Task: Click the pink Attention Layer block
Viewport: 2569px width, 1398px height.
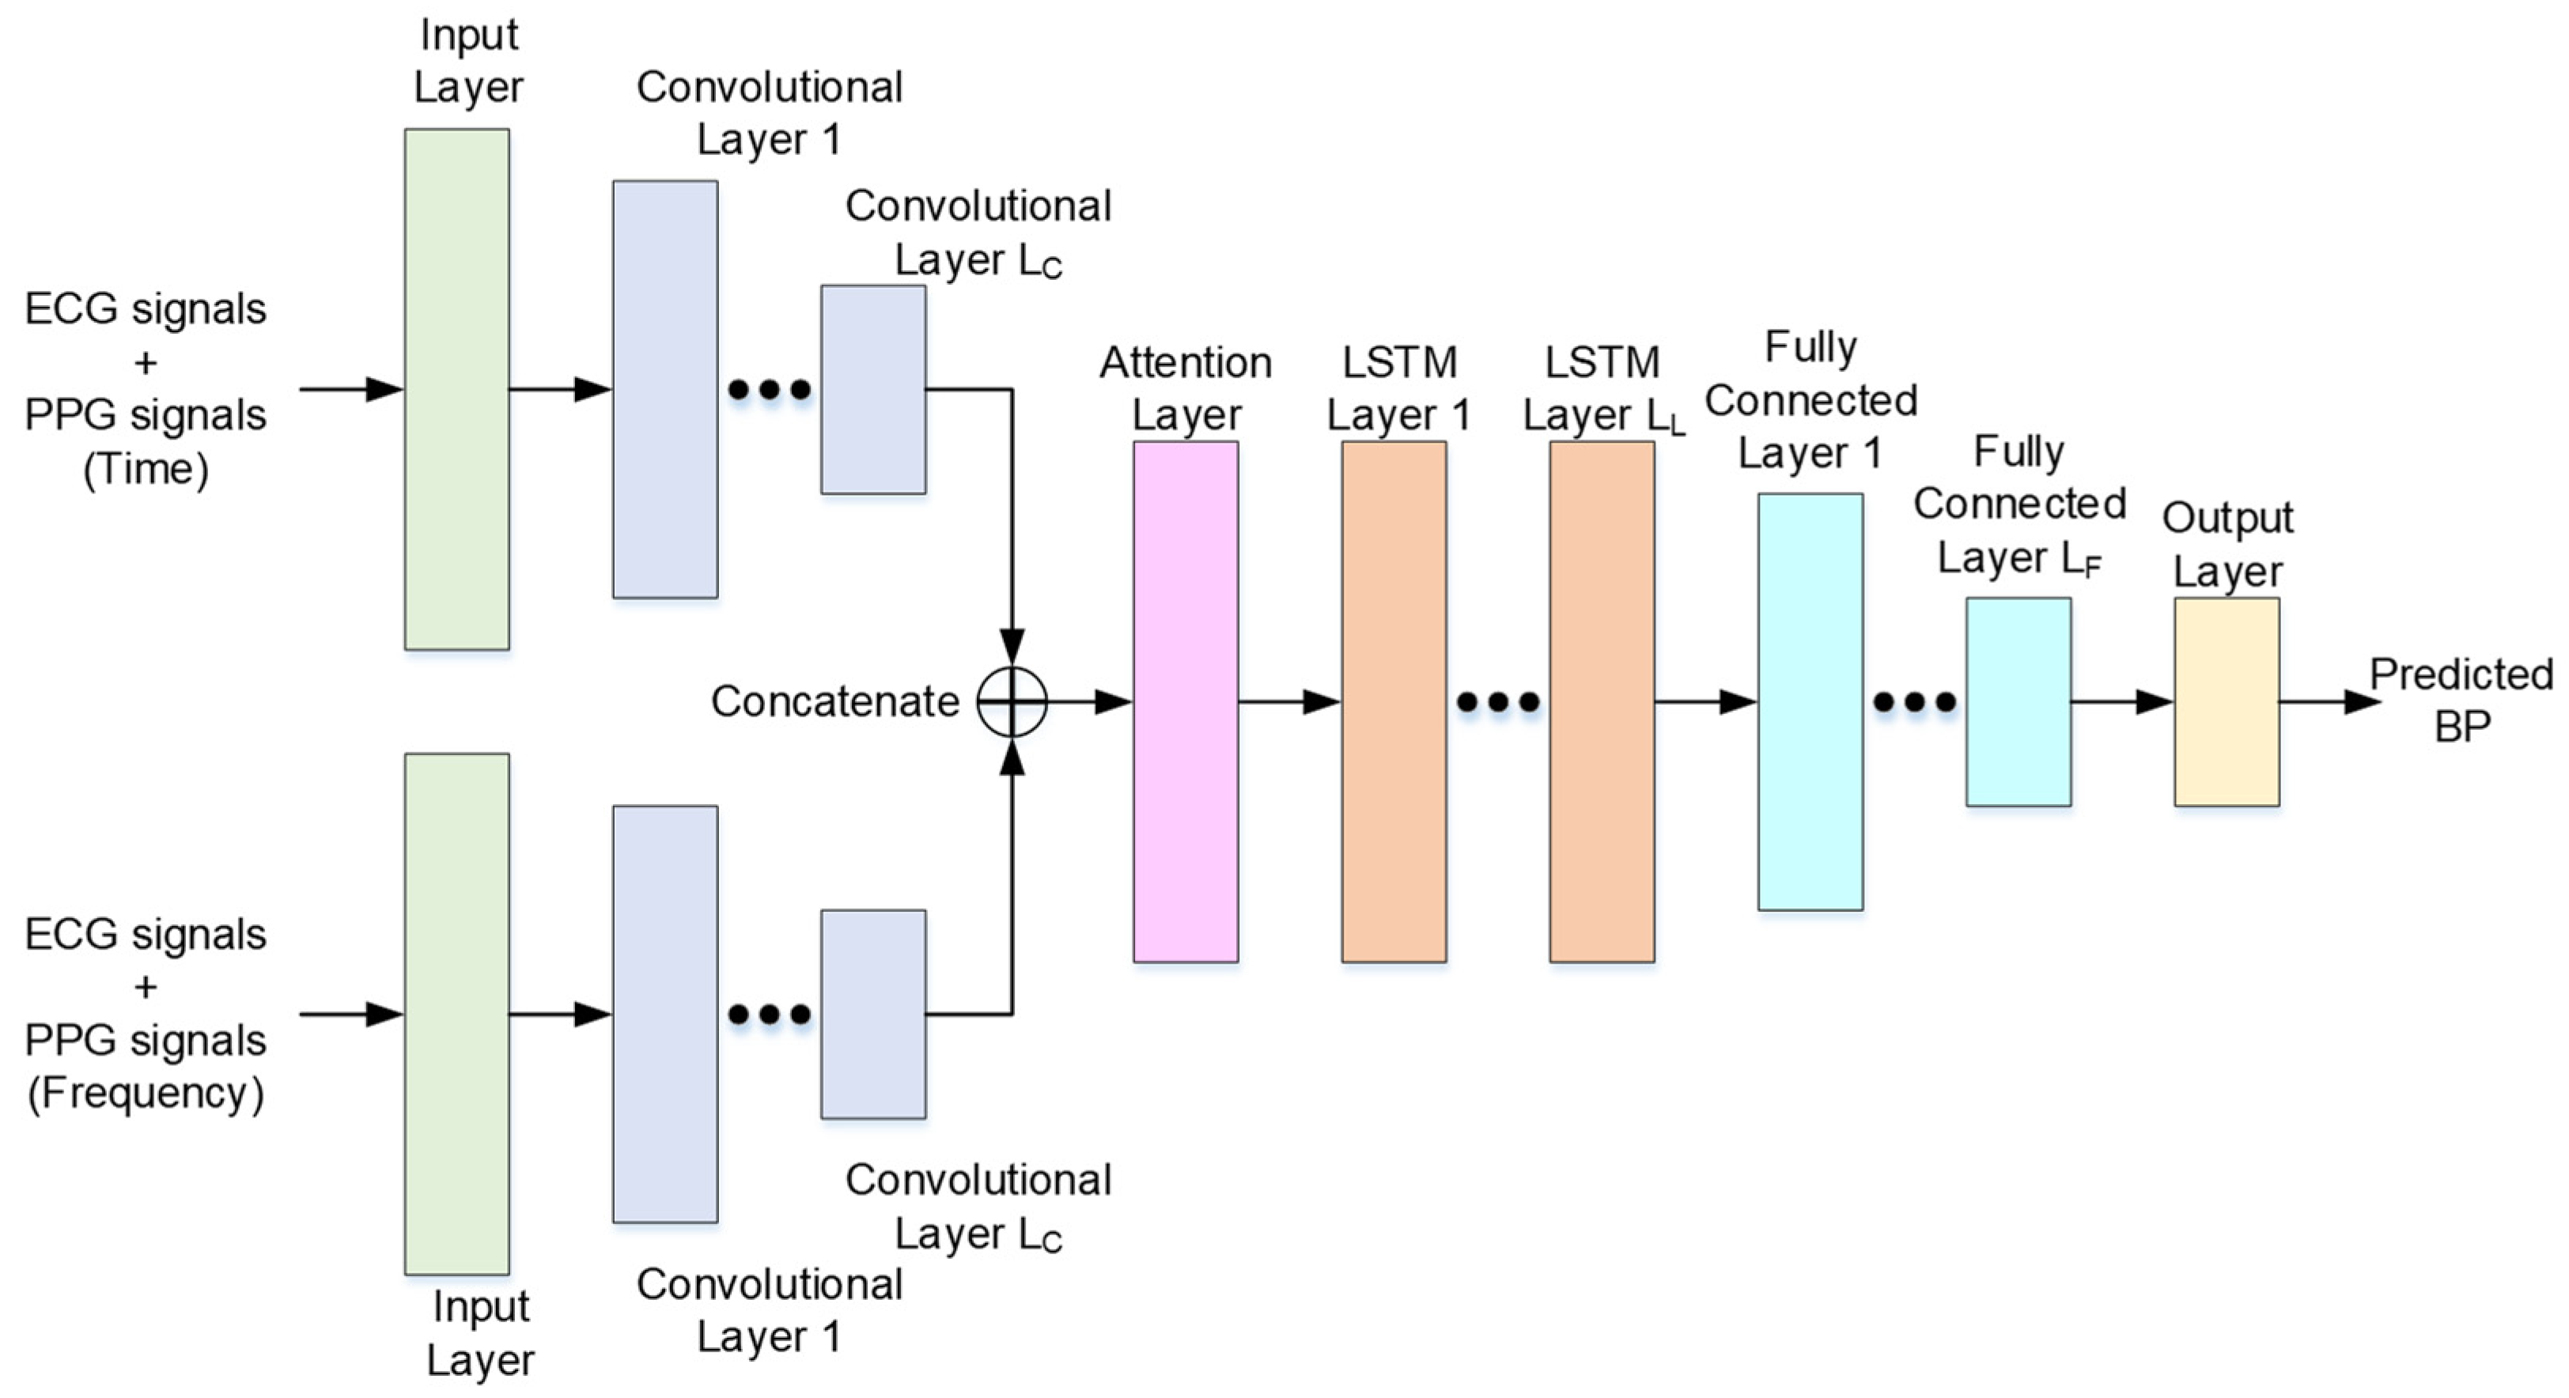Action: pos(1186,701)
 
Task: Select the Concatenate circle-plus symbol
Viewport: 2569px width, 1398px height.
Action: pos(1012,702)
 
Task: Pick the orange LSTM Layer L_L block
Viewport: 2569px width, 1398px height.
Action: pos(1602,701)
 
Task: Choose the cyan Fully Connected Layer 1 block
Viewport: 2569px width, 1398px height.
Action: pos(1810,701)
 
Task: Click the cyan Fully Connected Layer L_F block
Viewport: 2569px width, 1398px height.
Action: pos(2018,701)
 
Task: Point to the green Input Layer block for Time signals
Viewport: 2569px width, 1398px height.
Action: pos(456,389)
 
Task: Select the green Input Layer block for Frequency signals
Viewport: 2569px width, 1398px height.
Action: pos(456,1013)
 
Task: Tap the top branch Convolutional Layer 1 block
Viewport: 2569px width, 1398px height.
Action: pos(665,389)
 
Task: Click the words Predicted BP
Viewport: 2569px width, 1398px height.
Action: pos(2461,700)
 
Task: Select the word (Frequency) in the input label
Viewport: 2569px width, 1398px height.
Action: pos(146,1093)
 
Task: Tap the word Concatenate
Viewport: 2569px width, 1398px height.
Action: pos(834,702)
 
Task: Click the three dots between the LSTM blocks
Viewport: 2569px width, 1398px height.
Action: pos(1498,702)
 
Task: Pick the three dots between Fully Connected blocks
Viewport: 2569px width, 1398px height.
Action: pos(1915,702)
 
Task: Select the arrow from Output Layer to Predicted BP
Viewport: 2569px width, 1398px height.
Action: pos(2328,702)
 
